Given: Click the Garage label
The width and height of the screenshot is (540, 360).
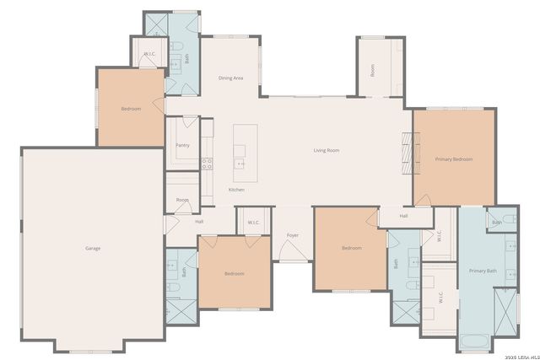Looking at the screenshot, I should pos(93,248).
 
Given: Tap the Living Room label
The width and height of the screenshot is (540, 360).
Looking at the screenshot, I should pos(327,151).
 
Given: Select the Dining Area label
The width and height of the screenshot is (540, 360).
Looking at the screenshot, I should pos(231,78).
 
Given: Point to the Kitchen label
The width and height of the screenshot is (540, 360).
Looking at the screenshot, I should pos(237,190).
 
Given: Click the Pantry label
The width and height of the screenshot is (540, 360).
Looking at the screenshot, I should pos(182,145).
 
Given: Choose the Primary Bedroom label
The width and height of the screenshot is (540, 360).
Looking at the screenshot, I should pos(454,159).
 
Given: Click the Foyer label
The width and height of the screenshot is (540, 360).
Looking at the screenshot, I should pos(293,235).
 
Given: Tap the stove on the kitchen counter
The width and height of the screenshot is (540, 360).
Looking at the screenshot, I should pos(207,163).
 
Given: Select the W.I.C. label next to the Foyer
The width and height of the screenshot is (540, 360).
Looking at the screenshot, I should pos(253,223).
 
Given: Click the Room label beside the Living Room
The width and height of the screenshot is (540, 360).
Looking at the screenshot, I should pos(373,71).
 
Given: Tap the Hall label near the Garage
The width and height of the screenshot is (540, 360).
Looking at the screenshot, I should pos(199,222).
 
